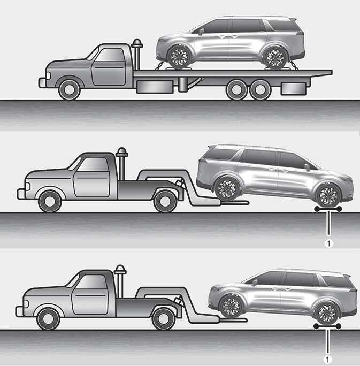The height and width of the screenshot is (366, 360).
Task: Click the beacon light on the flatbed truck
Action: coord(137,43)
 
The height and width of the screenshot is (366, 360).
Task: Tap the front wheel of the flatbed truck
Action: coord(70,90)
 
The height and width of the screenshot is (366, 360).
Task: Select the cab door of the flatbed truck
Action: coord(108,66)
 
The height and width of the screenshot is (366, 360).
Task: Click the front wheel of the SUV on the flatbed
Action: coord(179,57)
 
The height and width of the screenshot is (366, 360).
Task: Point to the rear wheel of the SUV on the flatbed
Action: coord(275,58)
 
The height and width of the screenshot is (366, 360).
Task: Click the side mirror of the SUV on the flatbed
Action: coord(201,31)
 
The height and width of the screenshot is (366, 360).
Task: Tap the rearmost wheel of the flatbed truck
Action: coord(260,89)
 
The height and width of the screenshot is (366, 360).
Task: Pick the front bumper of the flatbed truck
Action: coord(42,83)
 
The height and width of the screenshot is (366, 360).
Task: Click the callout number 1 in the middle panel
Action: coord(329,243)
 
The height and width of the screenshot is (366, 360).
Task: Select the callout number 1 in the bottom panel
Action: coord(327,360)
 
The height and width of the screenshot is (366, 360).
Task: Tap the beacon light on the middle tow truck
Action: coord(122,152)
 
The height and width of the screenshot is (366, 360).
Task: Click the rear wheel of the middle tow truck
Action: coord(165,201)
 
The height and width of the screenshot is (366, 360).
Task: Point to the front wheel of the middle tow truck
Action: coord(50,201)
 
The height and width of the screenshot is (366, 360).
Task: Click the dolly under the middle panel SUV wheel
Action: coord(328,209)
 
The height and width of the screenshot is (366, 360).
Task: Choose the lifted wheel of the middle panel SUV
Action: coord(227,188)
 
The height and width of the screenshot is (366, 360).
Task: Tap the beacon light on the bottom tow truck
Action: coord(120,270)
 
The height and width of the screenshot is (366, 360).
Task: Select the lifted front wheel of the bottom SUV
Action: coord(231,307)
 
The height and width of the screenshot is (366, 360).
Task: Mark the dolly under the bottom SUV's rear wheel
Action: coord(327,326)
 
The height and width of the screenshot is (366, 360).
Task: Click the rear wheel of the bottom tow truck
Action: coord(163,318)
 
